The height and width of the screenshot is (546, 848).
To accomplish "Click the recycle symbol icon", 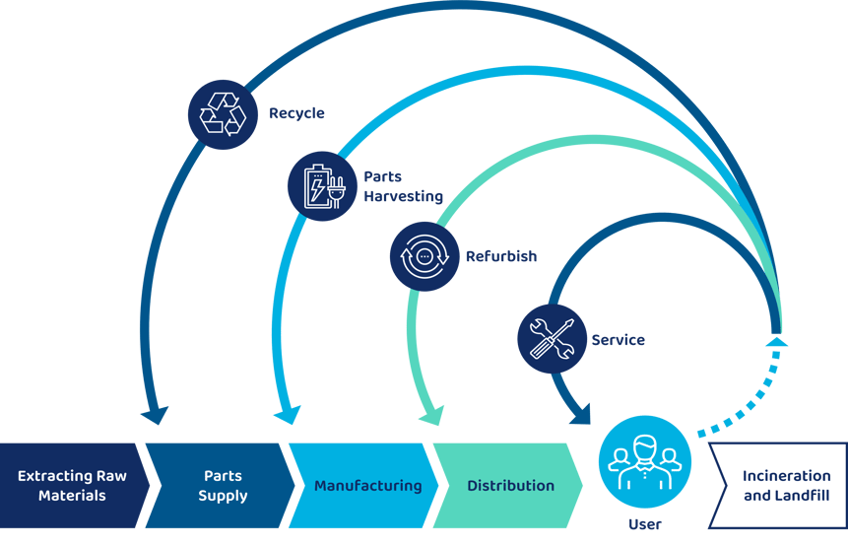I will [223, 113].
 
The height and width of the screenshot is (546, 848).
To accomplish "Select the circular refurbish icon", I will [424, 256].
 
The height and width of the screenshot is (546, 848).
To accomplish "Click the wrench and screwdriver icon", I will [552, 339].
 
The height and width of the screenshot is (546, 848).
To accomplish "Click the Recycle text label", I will [296, 113].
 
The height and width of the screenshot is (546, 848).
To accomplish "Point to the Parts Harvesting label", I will [403, 186].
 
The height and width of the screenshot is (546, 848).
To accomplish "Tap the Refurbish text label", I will [501, 256].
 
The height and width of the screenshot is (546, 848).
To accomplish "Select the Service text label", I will [618, 340].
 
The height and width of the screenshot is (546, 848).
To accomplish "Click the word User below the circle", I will [645, 524].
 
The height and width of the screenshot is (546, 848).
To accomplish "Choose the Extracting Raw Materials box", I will [72, 486].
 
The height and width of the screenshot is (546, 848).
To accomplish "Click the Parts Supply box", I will [223, 486].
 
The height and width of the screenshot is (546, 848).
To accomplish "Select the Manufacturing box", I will [367, 486].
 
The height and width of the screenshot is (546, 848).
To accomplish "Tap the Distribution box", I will [510, 486].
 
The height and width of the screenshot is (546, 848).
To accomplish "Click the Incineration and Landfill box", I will [785, 486].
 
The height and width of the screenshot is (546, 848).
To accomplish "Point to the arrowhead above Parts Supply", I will [155, 414].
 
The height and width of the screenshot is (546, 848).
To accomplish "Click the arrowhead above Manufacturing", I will [286, 415].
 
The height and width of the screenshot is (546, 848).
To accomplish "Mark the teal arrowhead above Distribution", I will [430, 416].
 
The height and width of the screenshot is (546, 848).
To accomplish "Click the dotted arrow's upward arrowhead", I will [777, 341].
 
